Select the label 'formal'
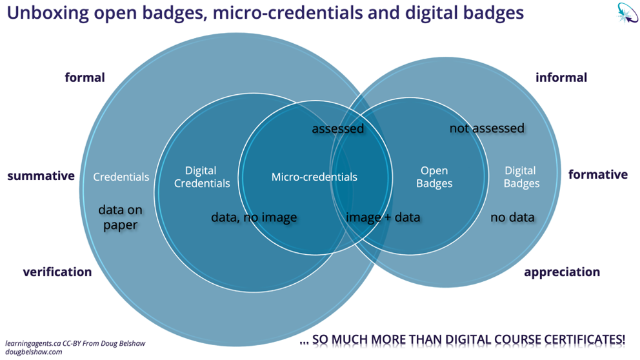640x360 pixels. [85, 77]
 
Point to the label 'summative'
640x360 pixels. [41, 175]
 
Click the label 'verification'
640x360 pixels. [57, 272]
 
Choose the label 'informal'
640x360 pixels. [561, 77]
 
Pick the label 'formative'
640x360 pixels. [597, 175]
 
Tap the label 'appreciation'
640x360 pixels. [562, 272]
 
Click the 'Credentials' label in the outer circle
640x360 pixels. [121, 177]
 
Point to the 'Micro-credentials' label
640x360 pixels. [314, 177]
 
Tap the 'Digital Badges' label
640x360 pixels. [521, 177]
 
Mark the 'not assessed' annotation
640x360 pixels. [486, 128]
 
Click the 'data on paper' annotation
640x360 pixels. [120, 217]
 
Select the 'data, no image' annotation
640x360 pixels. [254, 217]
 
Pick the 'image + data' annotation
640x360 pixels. [383, 217]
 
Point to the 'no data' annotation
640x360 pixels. [512, 217]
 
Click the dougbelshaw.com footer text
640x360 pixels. [34, 352]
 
